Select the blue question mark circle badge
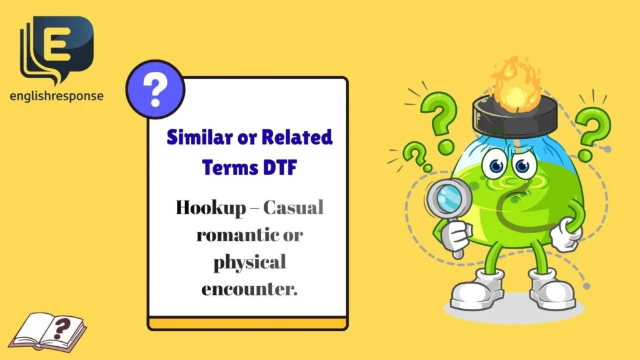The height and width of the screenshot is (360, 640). click(155, 91)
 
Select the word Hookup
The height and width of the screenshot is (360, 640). click(211, 208)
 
